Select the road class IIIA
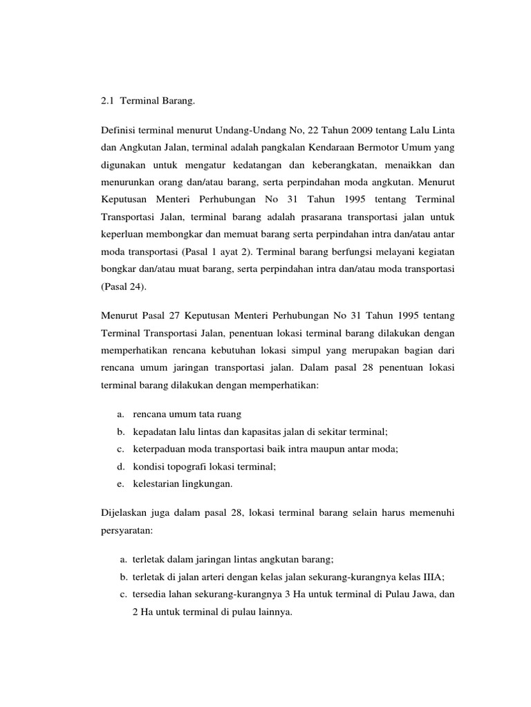point(414,577)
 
